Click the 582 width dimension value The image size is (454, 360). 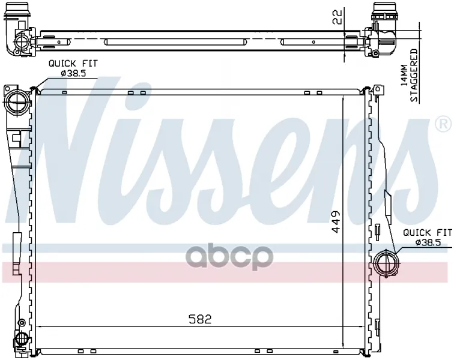click(x=200, y=319)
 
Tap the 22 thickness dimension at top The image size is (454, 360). click(x=337, y=17)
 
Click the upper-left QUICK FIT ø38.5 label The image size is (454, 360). click(x=73, y=68)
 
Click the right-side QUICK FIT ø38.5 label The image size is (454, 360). click(x=428, y=238)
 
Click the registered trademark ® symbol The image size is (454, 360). click(x=443, y=124)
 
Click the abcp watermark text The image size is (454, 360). click(x=229, y=257)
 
